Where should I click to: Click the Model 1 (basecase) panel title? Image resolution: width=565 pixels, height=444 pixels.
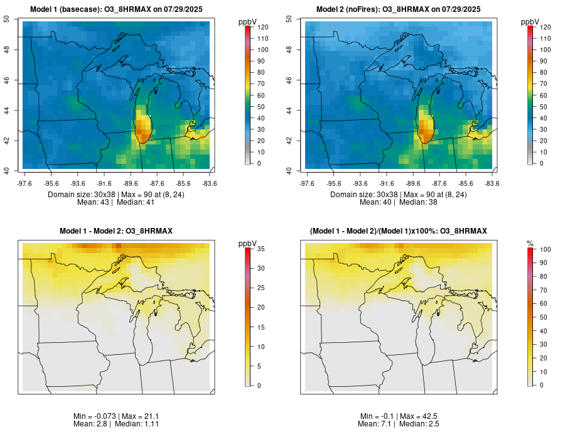(116, 9)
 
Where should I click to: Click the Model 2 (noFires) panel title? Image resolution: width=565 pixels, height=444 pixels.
(399, 9)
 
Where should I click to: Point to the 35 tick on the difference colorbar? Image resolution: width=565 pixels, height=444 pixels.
(258, 250)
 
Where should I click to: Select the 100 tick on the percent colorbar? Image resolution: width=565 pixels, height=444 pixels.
(541, 250)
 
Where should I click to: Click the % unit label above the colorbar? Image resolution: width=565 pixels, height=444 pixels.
(530, 243)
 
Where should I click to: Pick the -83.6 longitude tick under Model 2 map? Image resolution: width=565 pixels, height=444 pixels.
(492, 183)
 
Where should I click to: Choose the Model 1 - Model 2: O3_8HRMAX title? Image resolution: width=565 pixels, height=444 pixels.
(116, 232)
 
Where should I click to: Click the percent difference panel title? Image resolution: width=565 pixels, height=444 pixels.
(399, 232)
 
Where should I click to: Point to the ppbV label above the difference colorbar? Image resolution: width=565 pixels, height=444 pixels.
(248, 243)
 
